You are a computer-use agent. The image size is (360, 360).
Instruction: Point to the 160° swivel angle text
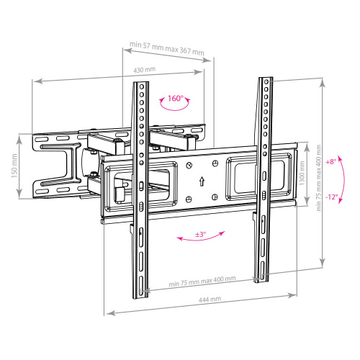(x=176, y=97)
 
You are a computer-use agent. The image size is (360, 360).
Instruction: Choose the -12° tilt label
(x=331, y=196)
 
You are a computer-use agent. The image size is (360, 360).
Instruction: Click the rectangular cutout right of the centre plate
(x=243, y=177)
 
